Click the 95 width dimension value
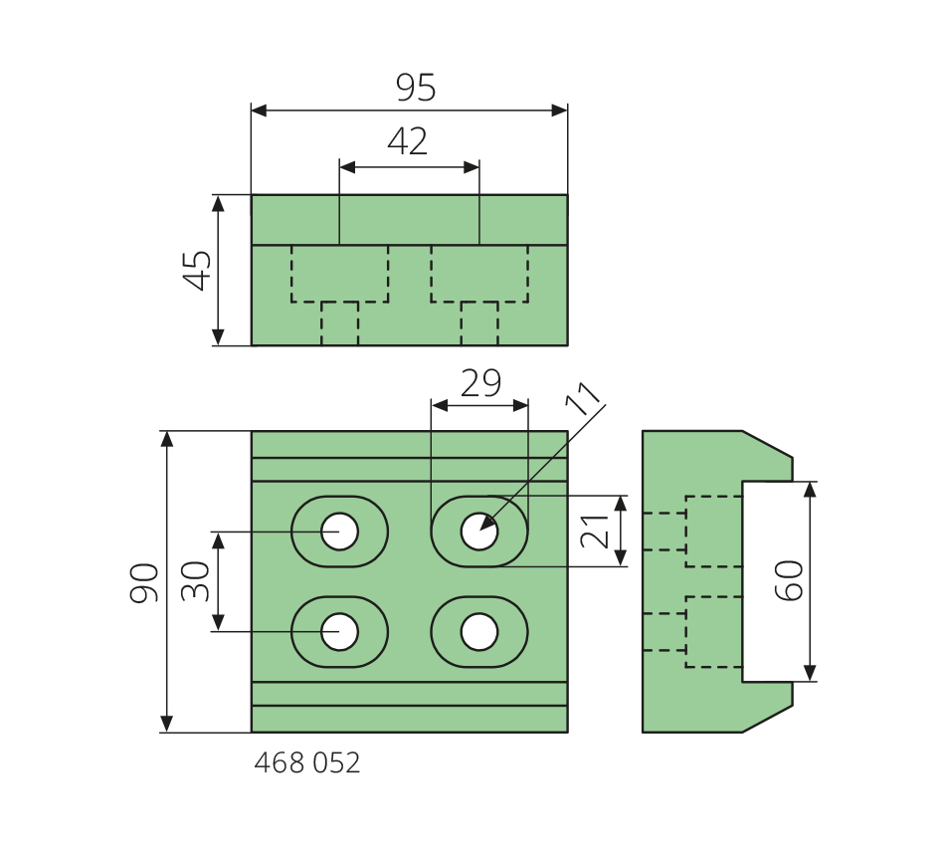(x=416, y=89)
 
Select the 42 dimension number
(x=408, y=142)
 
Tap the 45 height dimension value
(x=198, y=270)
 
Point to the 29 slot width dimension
(x=480, y=384)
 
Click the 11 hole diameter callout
(x=585, y=398)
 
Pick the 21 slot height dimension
(x=595, y=531)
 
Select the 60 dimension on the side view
(x=789, y=580)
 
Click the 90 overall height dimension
(x=145, y=582)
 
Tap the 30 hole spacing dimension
(x=196, y=581)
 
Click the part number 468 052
(x=307, y=763)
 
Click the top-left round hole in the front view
(x=339, y=532)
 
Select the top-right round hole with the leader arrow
(x=479, y=532)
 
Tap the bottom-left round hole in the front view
(x=339, y=632)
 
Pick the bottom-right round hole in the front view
(x=479, y=632)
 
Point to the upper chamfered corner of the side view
(x=768, y=444)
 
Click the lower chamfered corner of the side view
(x=768, y=719)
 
